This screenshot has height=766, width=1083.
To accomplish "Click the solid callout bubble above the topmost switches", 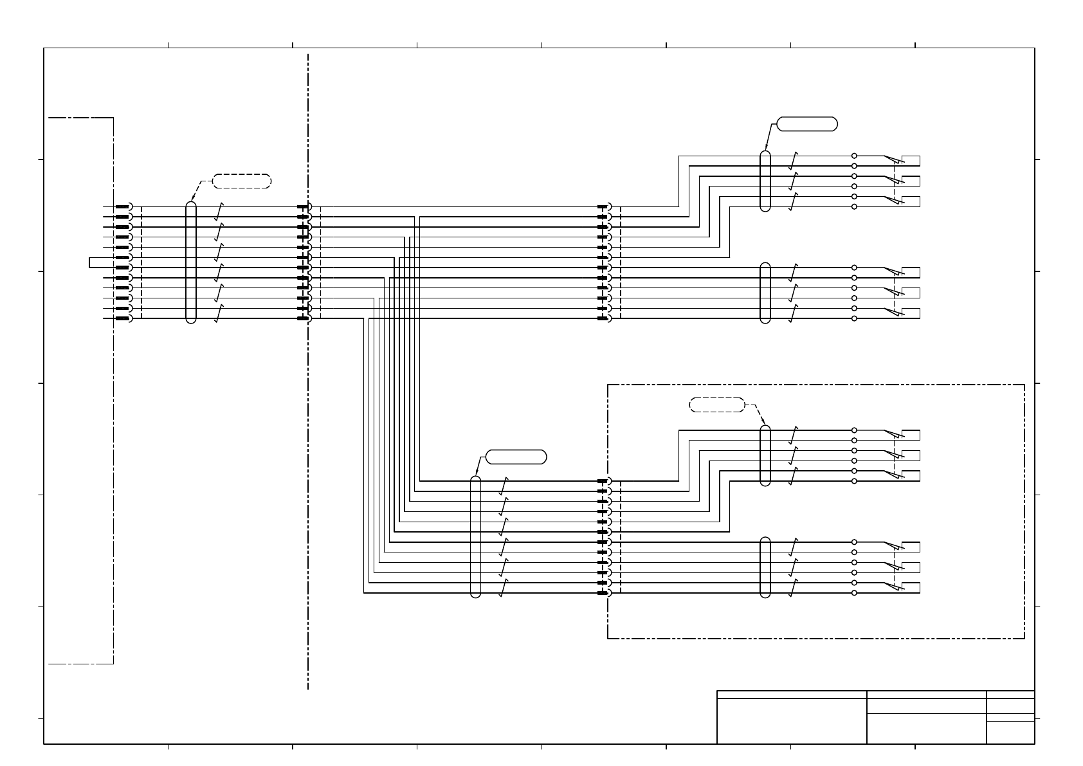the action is tap(807, 124).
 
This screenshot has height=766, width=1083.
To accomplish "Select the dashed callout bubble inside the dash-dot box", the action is tap(716, 405).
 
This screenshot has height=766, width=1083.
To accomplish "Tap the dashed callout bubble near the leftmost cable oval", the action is tap(241, 181).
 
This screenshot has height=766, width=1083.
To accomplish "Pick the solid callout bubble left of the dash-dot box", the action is tap(516, 457).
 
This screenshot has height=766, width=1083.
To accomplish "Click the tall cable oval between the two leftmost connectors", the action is tap(190, 262).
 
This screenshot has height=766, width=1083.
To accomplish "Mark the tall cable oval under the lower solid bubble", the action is tap(476, 536).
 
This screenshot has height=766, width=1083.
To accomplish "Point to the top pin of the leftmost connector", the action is tap(123, 207).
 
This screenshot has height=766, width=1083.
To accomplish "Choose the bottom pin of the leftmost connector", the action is tap(123, 318).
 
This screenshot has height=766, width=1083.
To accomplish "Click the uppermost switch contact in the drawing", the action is tap(893, 160).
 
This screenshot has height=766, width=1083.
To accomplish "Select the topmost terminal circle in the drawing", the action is tap(854, 156).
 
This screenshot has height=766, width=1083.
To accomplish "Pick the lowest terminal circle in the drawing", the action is tap(854, 593).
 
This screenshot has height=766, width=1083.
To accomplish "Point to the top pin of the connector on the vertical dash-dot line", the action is tap(304, 207).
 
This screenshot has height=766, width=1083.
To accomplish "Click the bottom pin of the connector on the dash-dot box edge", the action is tap(605, 593).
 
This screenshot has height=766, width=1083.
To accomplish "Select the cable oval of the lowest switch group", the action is tap(765, 567).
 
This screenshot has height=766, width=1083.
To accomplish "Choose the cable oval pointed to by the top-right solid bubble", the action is tap(765, 181).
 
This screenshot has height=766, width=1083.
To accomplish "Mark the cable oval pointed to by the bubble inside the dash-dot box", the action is tap(765, 455).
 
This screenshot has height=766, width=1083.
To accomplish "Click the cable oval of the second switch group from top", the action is tap(765, 293).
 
